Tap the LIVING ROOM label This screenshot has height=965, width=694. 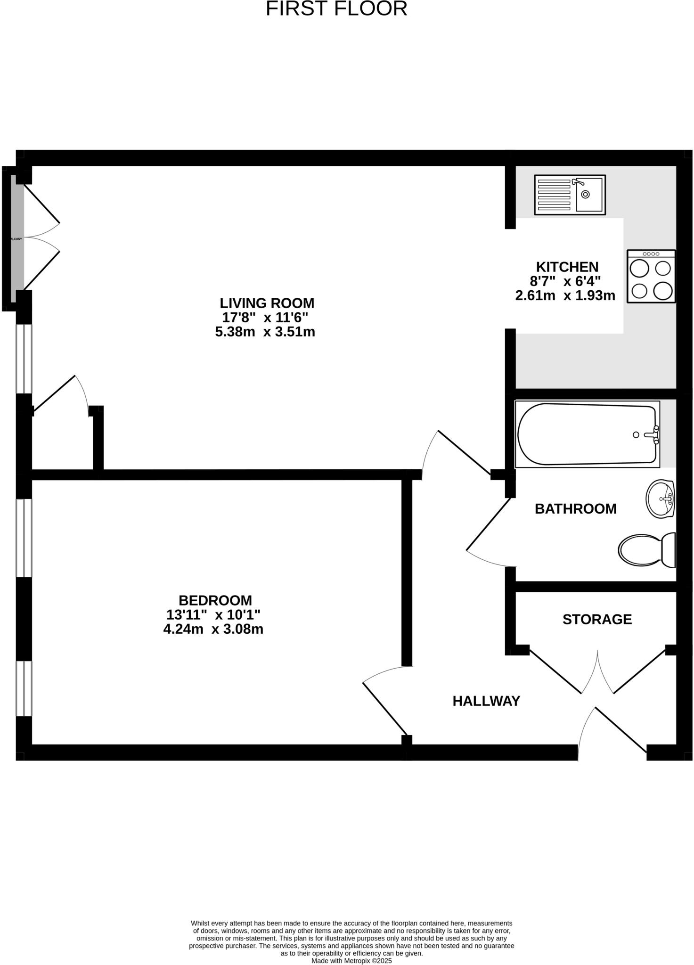pyautogui.click(x=267, y=303)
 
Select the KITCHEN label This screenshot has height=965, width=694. pyautogui.click(x=567, y=267)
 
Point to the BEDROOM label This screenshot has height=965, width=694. pyautogui.click(x=215, y=600)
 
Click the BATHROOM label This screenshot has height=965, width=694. pyautogui.click(x=575, y=509)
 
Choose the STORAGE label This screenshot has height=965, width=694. pyautogui.click(x=597, y=619)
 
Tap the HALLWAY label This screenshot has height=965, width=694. pyautogui.click(x=486, y=701)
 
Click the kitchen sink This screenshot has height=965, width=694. pyautogui.click(x=570, y=195)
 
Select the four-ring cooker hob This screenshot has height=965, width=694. pyautogui.click(x=651, y=277)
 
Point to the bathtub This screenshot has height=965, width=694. pyautogui.click(x=587, y=434)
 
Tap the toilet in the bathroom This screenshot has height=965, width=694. pyautogui.click(x=647, y=550)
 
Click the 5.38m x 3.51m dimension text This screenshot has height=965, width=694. pyautogui.click(x=265, y=332)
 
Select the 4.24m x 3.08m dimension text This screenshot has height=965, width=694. pyautogui.click(x=213, y=629)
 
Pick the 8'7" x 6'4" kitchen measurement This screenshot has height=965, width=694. pyautogui.click(x=565, y=281)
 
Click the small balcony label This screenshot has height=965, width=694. pyautogui.click(x=16, y=239)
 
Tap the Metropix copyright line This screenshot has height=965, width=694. pyautogui.click(x=351, y=961)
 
